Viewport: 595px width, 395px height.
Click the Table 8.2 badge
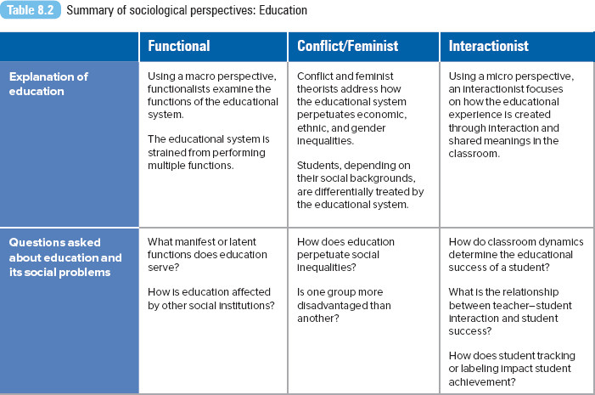tap(31, 10)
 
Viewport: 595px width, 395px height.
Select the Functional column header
tap(179, 46)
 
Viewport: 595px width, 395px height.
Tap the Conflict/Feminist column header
tap(348, 46)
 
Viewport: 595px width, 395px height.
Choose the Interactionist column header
tap(488, 46)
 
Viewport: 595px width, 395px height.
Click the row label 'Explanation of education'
tap(48, 84)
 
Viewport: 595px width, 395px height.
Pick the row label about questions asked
tap(65, 257)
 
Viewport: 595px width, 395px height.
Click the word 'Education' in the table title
tap(283, 10)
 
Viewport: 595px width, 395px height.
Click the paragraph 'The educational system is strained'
tap(208, 152)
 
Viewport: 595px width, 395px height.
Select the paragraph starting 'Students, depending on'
tap(360, 185)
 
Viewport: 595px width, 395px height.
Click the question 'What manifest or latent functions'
tap(207, 255)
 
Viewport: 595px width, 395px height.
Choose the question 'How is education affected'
tap(211, 298)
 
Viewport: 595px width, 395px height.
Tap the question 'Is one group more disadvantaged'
tap(344, 305)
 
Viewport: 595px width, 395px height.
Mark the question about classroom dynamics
tap(516, 255)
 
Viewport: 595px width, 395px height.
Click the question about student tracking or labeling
tap(512, 369)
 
